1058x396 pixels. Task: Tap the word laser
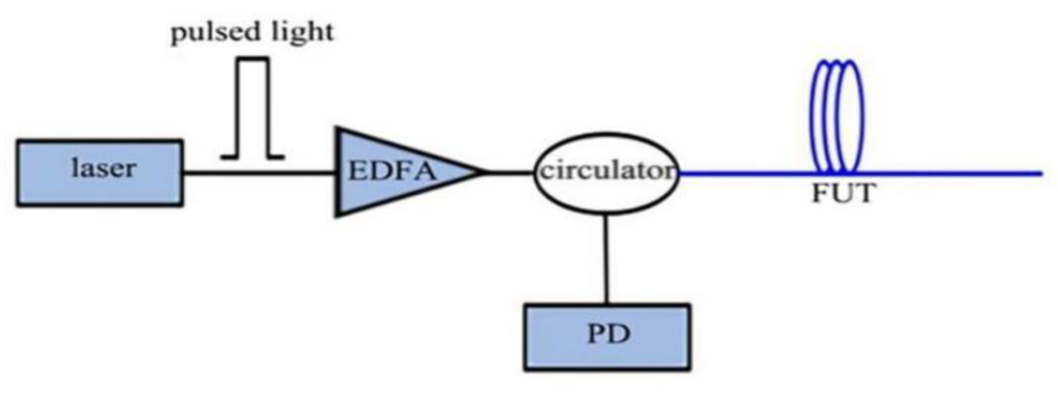click(x=104, y=168)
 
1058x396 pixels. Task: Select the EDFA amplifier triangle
click(x=361, y=195)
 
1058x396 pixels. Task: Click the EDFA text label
click(x=392, y=171)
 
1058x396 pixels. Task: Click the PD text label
click(x=609, y=334)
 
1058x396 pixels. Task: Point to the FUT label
click(x=842, y=193)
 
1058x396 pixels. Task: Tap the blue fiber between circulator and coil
click(x=746, y=174)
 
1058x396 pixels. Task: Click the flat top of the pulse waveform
click(x=252, y=59)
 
